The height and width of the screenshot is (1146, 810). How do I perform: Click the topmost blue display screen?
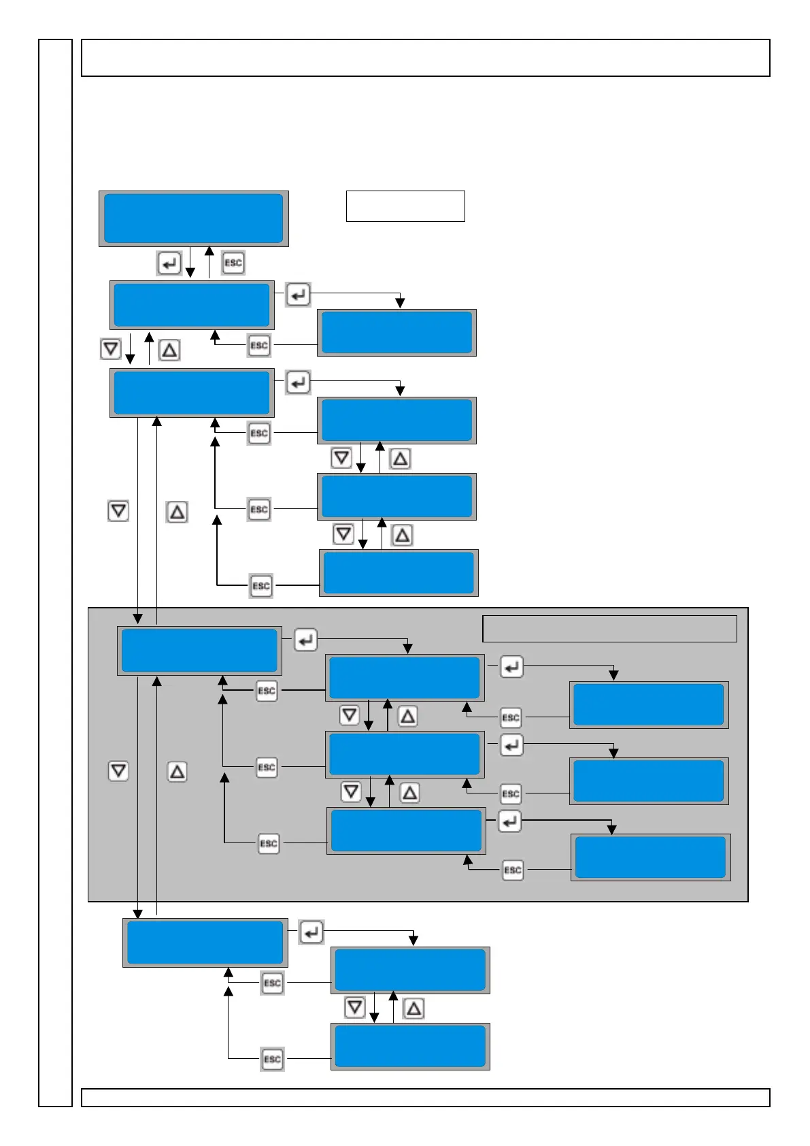[x=193, y=218]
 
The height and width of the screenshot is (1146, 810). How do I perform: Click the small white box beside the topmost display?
[x=405, y=206]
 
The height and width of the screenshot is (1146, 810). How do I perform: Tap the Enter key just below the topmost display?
[x=169, y=263]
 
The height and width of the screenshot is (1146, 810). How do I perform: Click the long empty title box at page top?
[x=425, y=58]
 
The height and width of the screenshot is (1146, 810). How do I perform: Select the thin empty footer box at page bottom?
[x=425, y=1098]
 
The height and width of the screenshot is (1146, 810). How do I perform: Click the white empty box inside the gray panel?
[x=609, y=629]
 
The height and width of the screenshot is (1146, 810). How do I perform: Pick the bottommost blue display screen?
[x=410, y=1046]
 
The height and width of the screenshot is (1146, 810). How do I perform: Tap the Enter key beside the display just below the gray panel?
[x=311, y=932]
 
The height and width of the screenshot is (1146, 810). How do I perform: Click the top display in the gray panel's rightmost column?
[x=649, y=705]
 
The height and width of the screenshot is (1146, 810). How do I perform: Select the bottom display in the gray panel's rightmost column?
[x=651, y=857]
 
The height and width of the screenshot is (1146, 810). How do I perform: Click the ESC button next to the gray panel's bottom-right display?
[x=513, y=870]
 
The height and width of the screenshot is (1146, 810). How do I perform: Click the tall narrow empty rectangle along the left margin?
[x=55, y=572]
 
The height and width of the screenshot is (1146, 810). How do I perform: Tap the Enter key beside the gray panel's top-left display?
[x=305, y=640]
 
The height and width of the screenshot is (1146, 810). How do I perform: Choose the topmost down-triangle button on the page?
[x=110, y=349]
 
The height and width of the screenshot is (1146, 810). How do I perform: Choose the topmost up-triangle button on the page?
[x=169, y=350]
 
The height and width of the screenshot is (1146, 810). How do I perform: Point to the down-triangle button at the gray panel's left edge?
[x=118, y=771]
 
